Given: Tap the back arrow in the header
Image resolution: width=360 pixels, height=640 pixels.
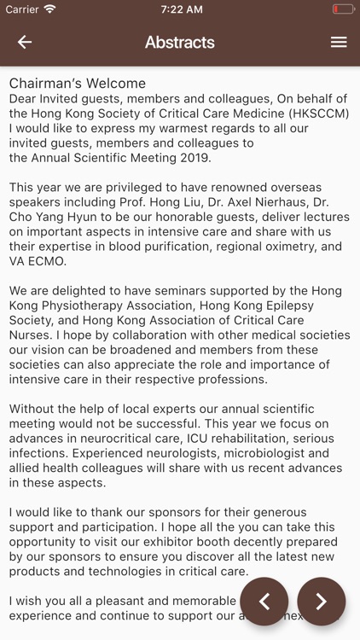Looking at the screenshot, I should (x=25, y=43).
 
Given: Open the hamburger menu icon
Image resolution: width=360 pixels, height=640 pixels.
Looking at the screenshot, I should (x=339, y=43).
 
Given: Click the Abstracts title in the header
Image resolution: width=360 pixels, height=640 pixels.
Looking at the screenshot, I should (x=179, y=43).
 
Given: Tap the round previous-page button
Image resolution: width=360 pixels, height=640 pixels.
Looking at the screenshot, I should (x=264, y=602).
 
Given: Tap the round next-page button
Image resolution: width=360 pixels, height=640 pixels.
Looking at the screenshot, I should (x=322, y=602).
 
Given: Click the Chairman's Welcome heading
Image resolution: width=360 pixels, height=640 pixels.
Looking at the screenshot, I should (x=78, y=84).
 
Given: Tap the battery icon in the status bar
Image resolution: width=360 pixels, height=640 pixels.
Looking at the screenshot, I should (x=344, y=9).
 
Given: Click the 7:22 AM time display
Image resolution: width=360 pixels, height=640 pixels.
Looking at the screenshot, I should (x=179, y=9).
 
